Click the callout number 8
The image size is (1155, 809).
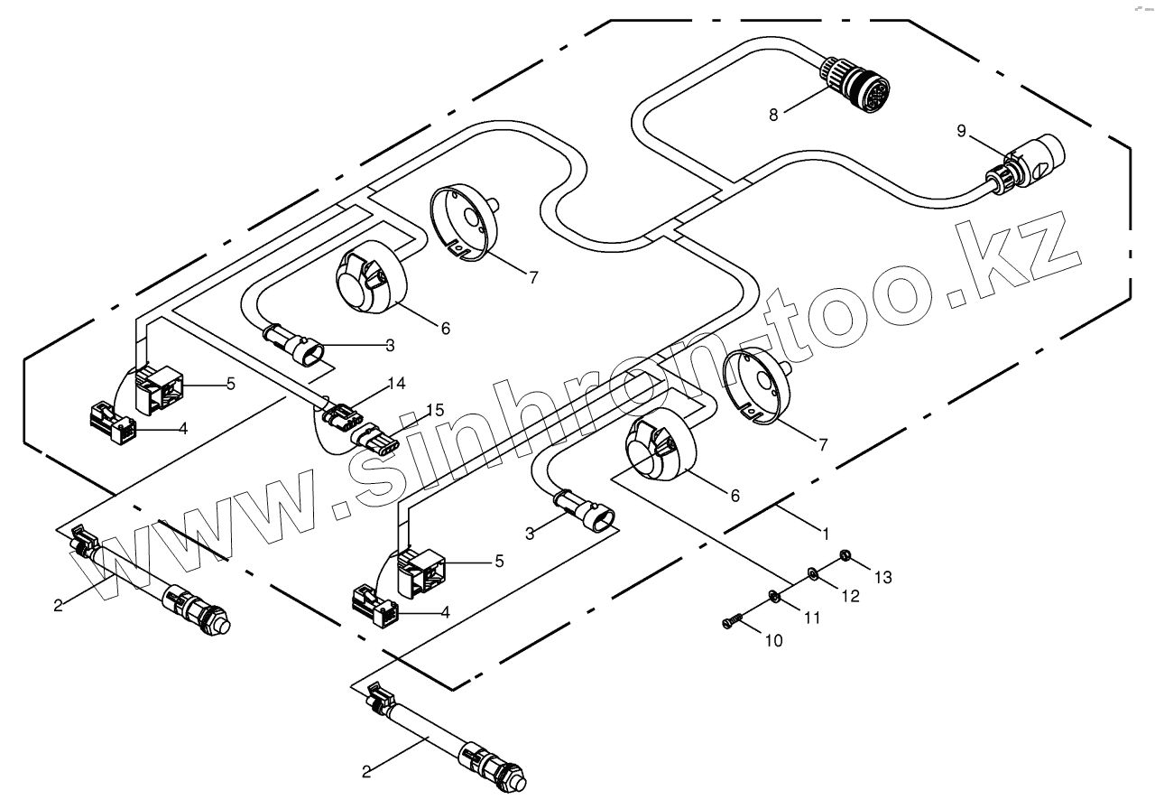[x=773, y=115]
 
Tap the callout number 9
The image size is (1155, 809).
[x=962, y=132]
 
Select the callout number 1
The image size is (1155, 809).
[x=826, y=533]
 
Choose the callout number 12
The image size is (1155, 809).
[x=851, y=596]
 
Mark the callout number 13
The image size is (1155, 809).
[x=882, y=577]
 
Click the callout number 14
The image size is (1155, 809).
[x=395, y=384]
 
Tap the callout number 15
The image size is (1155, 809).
[x=435, y=410]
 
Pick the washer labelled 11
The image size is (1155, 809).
[x=773, y=595]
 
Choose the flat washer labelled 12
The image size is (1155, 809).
[x=812, y=572]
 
